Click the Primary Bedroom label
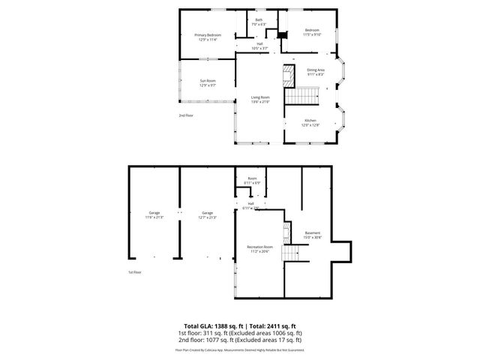coord(208,37)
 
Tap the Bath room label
coord(259,22)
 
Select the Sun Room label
coord(208,82)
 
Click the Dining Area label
coord(315,72)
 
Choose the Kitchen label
coord(310,122)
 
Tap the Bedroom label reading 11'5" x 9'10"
coord(312,33)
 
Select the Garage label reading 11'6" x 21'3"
coord(154,215)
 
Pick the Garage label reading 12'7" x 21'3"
coord(207,215)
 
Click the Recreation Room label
coord(259,248)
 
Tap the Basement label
coord(312,235)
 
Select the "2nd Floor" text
coord(185,115)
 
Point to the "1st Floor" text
coord(134,272)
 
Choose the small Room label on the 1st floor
coord(252,181)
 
